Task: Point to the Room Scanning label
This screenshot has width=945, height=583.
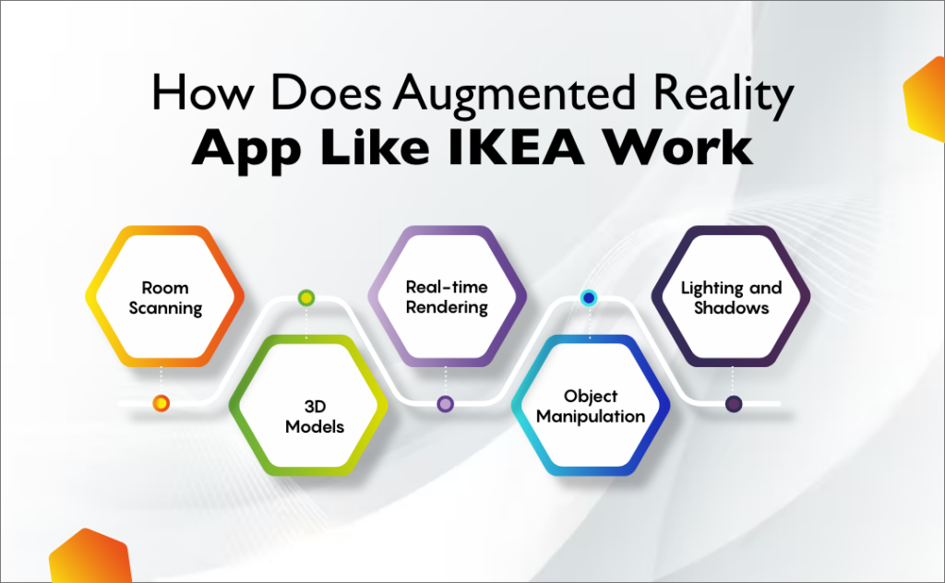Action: pos(165,297)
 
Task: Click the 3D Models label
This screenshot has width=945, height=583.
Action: pos(307,416)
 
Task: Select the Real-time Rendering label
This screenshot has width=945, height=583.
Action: pos(447,297)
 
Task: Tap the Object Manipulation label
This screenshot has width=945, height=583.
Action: pos(591,406)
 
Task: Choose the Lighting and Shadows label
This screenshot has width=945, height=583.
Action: pos(731,297)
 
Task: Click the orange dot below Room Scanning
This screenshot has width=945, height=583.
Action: pos(161,403)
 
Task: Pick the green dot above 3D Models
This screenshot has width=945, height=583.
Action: pos(306,297)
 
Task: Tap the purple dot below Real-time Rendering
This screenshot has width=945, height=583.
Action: pos(446,403)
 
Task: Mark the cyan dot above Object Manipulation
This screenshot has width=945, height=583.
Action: pos(588,297)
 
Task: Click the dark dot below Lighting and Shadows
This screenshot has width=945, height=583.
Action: pos(733,403)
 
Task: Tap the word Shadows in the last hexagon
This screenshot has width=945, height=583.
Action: pos(731,307)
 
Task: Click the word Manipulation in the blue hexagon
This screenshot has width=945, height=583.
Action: pos(591,416)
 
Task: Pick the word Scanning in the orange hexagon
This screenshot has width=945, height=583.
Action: pos(165,307)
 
